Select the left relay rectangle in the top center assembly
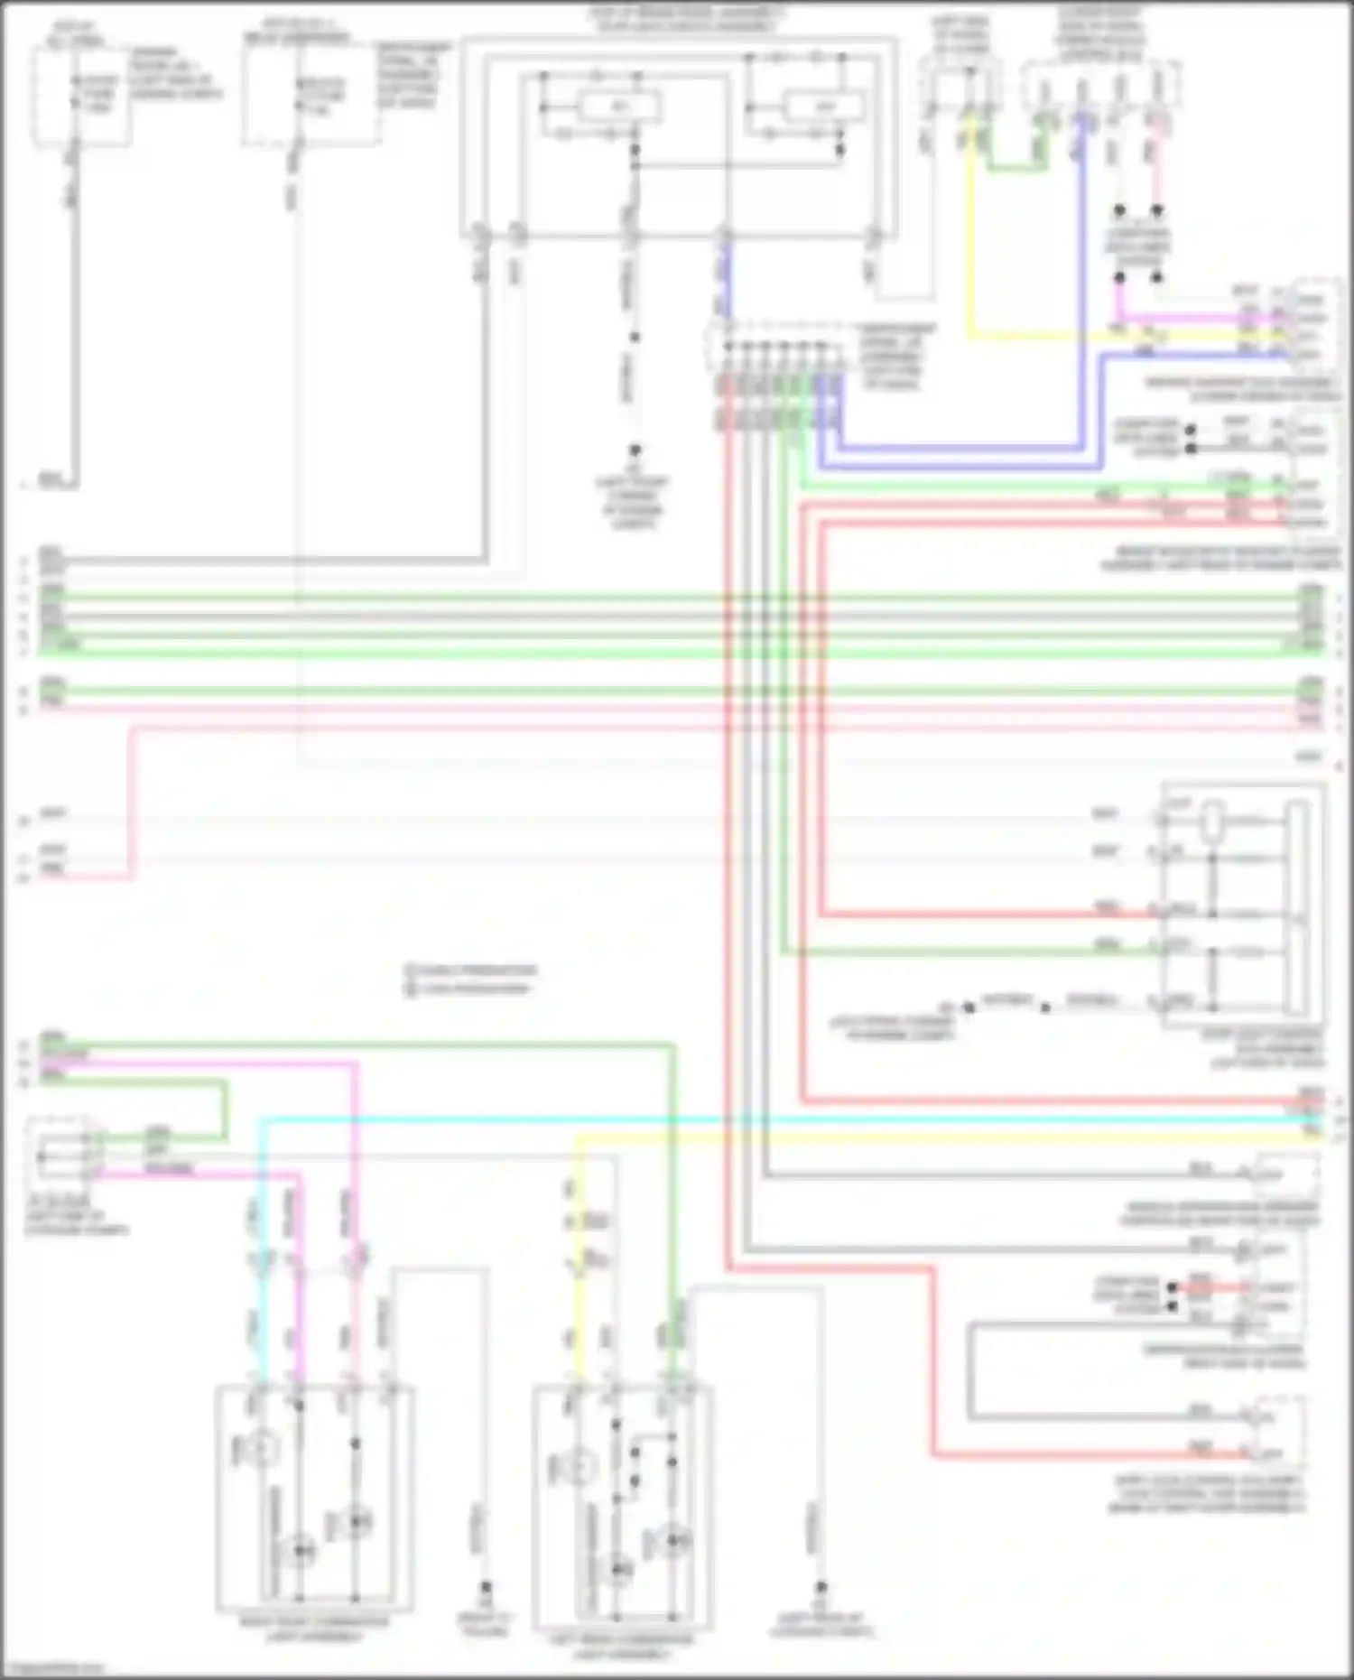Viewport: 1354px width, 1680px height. coord(619,107)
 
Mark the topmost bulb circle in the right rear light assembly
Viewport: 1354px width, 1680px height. coord(261,1449)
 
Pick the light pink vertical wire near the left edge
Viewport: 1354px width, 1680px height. coord(133,803)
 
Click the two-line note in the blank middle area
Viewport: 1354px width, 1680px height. coord(469,979)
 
